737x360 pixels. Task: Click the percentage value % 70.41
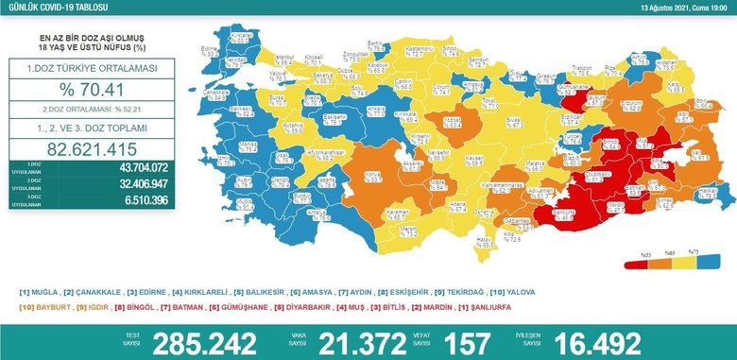[86, 92]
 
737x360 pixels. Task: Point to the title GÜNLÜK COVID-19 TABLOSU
[47, 8]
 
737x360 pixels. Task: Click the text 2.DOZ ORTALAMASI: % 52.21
[86, 110]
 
